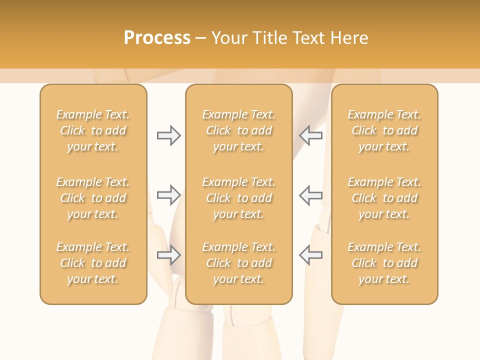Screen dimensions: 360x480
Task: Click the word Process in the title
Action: (157, 38)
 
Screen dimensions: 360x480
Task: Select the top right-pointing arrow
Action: (168, 135)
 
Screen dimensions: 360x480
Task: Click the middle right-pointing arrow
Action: (168, 195)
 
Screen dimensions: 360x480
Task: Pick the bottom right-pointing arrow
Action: (168, 255)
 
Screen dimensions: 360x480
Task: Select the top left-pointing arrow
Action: (310, 135)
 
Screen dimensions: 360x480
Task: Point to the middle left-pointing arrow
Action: (310, 195)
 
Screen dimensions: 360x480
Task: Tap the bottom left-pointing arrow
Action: (310, 255)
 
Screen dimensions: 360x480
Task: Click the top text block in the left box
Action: (93, 130)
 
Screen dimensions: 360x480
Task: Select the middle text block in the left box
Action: (93, 198)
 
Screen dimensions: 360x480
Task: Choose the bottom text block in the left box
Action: (93, 263)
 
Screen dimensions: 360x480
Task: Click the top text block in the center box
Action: (239, 130)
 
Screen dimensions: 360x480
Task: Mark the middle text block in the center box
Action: (239, 198)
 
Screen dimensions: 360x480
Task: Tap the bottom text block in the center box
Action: (239, 263)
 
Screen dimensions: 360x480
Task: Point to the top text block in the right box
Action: (384, 130)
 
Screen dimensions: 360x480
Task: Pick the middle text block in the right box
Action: (384, 198)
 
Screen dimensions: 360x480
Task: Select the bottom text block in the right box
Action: (384, 263)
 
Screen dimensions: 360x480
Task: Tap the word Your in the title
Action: (228, 38)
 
